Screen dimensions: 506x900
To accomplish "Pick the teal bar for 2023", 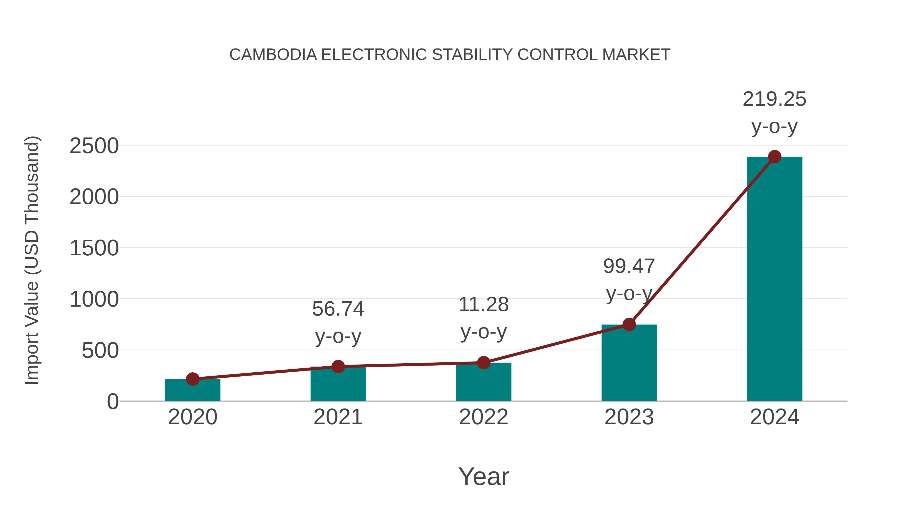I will [x=629, y=363].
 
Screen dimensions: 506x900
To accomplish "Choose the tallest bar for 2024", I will [x=774, y=279].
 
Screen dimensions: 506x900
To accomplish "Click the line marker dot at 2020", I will [x=192, y=379].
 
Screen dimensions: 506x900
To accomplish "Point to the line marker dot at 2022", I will [x=483, y=363].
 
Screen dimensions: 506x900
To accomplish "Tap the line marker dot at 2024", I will [x=774, y=157].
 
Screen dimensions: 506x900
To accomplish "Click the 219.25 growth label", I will [x=774, y=99].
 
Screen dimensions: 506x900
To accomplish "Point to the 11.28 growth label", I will [x=483, y=305].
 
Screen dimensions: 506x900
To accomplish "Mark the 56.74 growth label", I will [x=338, y=309].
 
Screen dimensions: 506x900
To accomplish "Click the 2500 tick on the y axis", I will [x=94, y=146].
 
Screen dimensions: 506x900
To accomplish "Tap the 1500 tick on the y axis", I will [x=94, y=248].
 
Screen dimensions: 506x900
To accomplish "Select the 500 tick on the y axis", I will [x=100, y=351].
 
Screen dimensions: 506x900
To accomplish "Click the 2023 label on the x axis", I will [x=629, y=417].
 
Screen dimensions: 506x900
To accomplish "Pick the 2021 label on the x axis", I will [x=338, y=417].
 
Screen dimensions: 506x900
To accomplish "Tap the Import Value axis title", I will [x=31, y=260].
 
